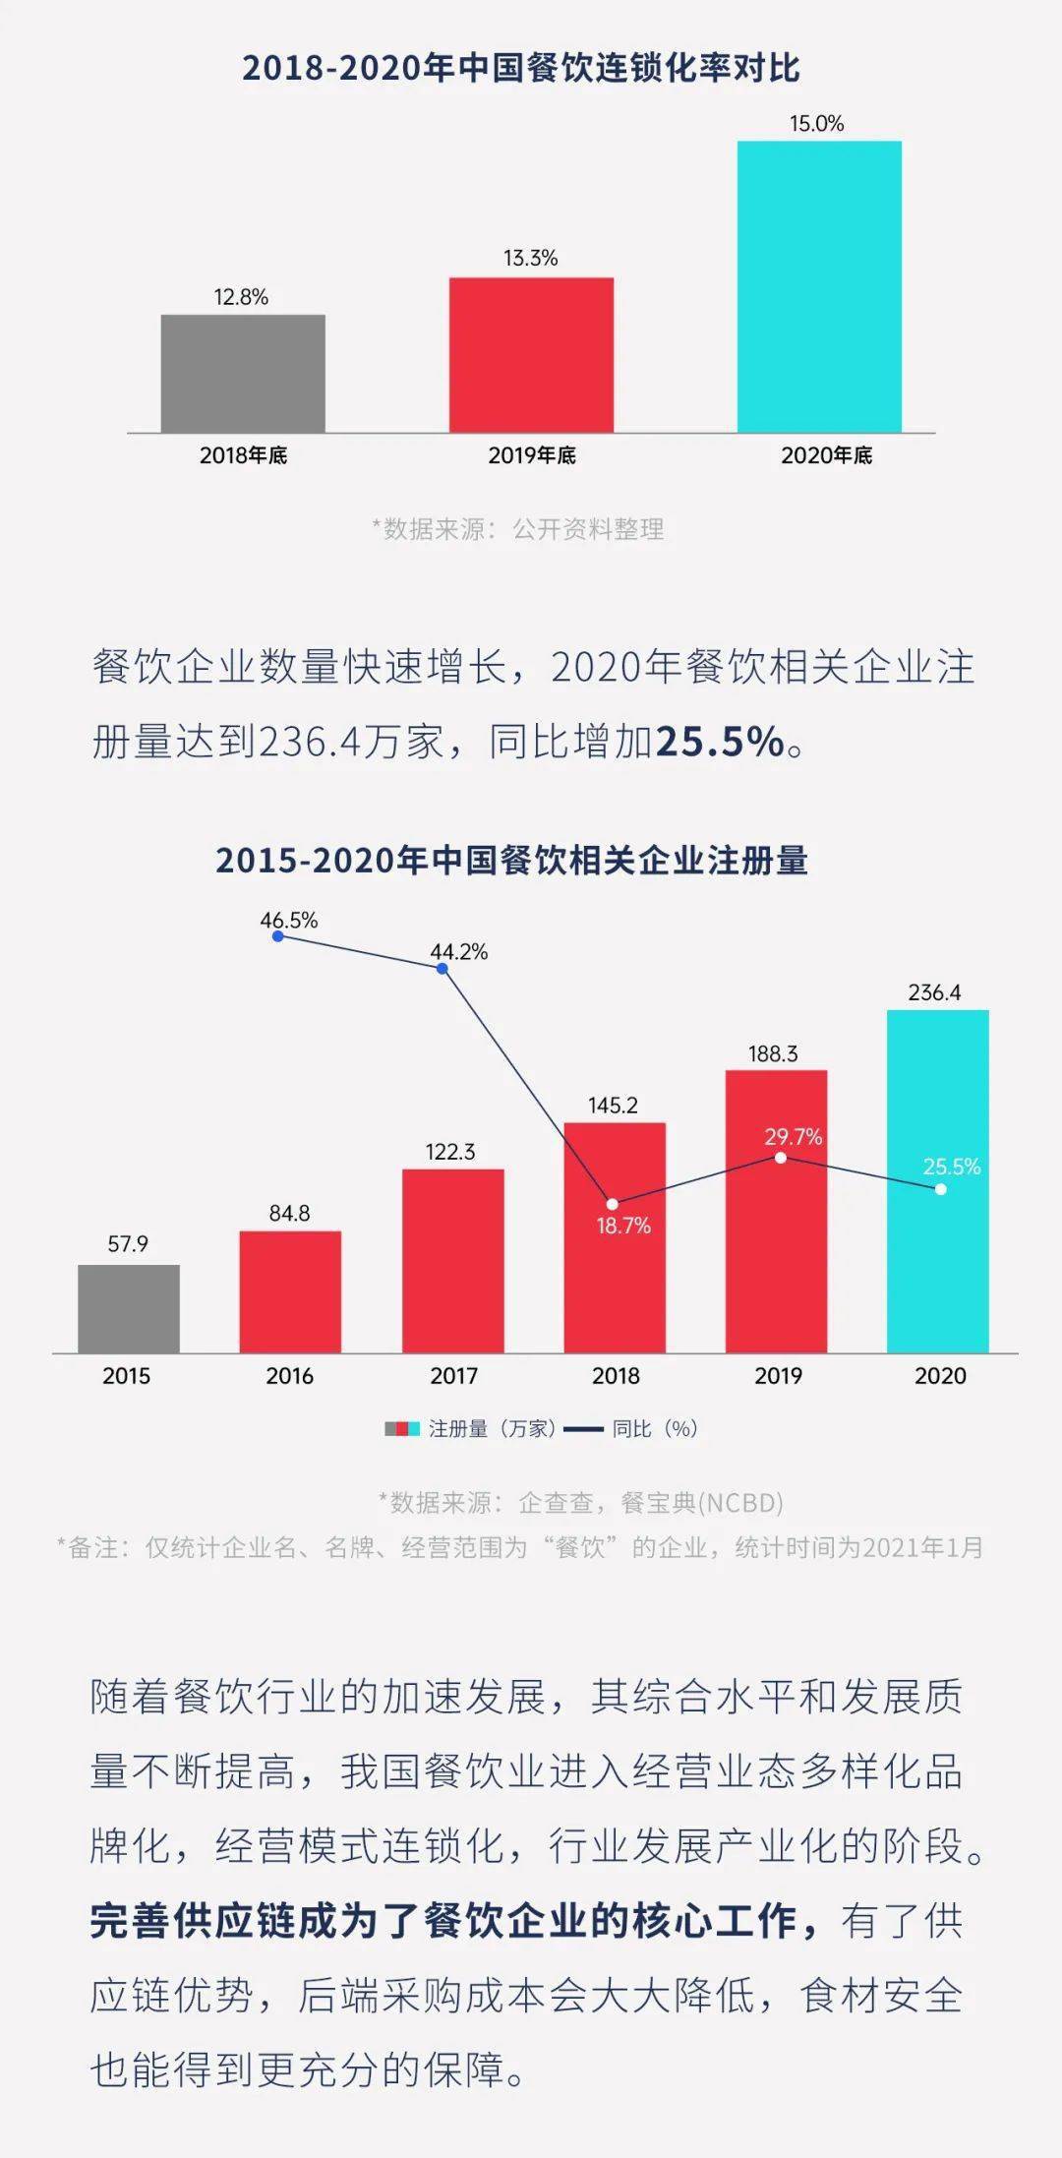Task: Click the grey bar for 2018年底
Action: click(243, 374)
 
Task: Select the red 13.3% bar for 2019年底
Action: click(531, 355)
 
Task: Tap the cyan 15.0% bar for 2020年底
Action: click(819, 286)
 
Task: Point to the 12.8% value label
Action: click(241, 297)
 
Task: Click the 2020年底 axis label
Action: click(826, 455)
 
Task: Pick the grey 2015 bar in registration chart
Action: click(129, 1309)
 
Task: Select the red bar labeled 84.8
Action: click(290, 1291)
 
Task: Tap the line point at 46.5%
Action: click(278, 936)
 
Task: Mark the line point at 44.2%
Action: click(442, 969)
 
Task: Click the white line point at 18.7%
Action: click(613, 1204)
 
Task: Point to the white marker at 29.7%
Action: click(780, 1158)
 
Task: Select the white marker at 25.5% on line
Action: click(941, 1189)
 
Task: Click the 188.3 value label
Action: click(773, 1054)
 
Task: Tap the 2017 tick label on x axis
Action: click(453, 1376)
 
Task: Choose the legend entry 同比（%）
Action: click(631, 1429)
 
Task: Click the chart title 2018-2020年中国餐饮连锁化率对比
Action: click(521, 68)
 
